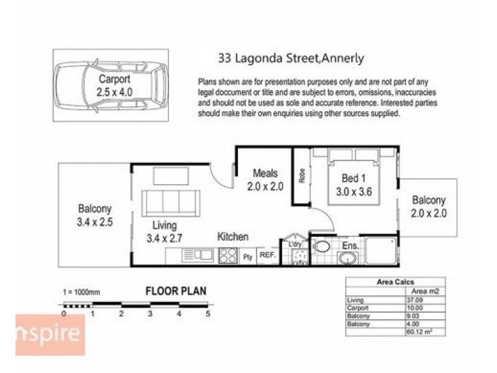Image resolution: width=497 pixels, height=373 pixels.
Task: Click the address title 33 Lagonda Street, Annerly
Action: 291,60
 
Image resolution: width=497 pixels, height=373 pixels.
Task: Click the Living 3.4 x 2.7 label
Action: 160,231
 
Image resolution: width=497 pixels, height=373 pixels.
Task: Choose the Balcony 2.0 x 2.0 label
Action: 429,206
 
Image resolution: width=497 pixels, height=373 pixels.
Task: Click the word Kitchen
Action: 233,237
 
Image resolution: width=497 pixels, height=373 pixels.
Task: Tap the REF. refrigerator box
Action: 267,255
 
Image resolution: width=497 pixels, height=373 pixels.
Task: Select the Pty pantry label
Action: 247,256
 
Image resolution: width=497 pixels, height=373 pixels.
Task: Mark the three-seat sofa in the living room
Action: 170,203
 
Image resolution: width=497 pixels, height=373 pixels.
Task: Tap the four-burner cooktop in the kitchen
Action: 228,254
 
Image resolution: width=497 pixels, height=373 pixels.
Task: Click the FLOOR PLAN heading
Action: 176,290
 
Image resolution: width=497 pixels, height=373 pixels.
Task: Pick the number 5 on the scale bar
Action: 208,313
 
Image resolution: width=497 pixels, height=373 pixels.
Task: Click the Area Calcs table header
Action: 395,282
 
